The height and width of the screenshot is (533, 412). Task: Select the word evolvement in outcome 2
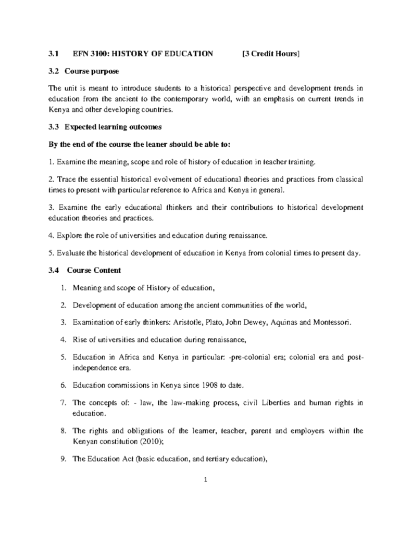tap(164, 179)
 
